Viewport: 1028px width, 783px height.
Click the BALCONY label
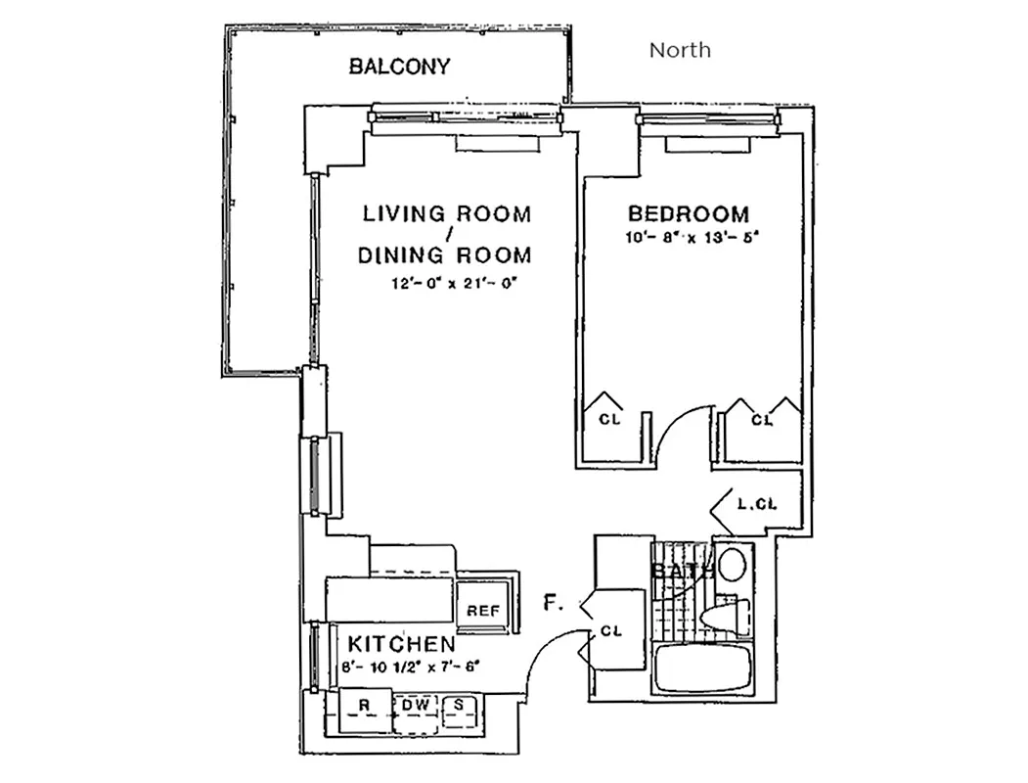tap(399, 67)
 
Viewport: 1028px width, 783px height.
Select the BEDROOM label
tap(689, 213)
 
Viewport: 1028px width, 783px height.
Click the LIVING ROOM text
tap(447, 213)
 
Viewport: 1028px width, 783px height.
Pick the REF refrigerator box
tap(482, 610)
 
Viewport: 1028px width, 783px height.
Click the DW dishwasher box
tap(417, 705)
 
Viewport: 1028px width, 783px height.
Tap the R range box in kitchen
tap(362, 705)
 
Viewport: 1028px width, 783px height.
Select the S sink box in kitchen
tap(457, 705)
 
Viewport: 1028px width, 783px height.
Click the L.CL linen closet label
tap(756, 505)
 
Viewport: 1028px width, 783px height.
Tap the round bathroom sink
tap(730, 566)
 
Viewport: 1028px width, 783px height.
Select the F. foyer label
tap(554, 604)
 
